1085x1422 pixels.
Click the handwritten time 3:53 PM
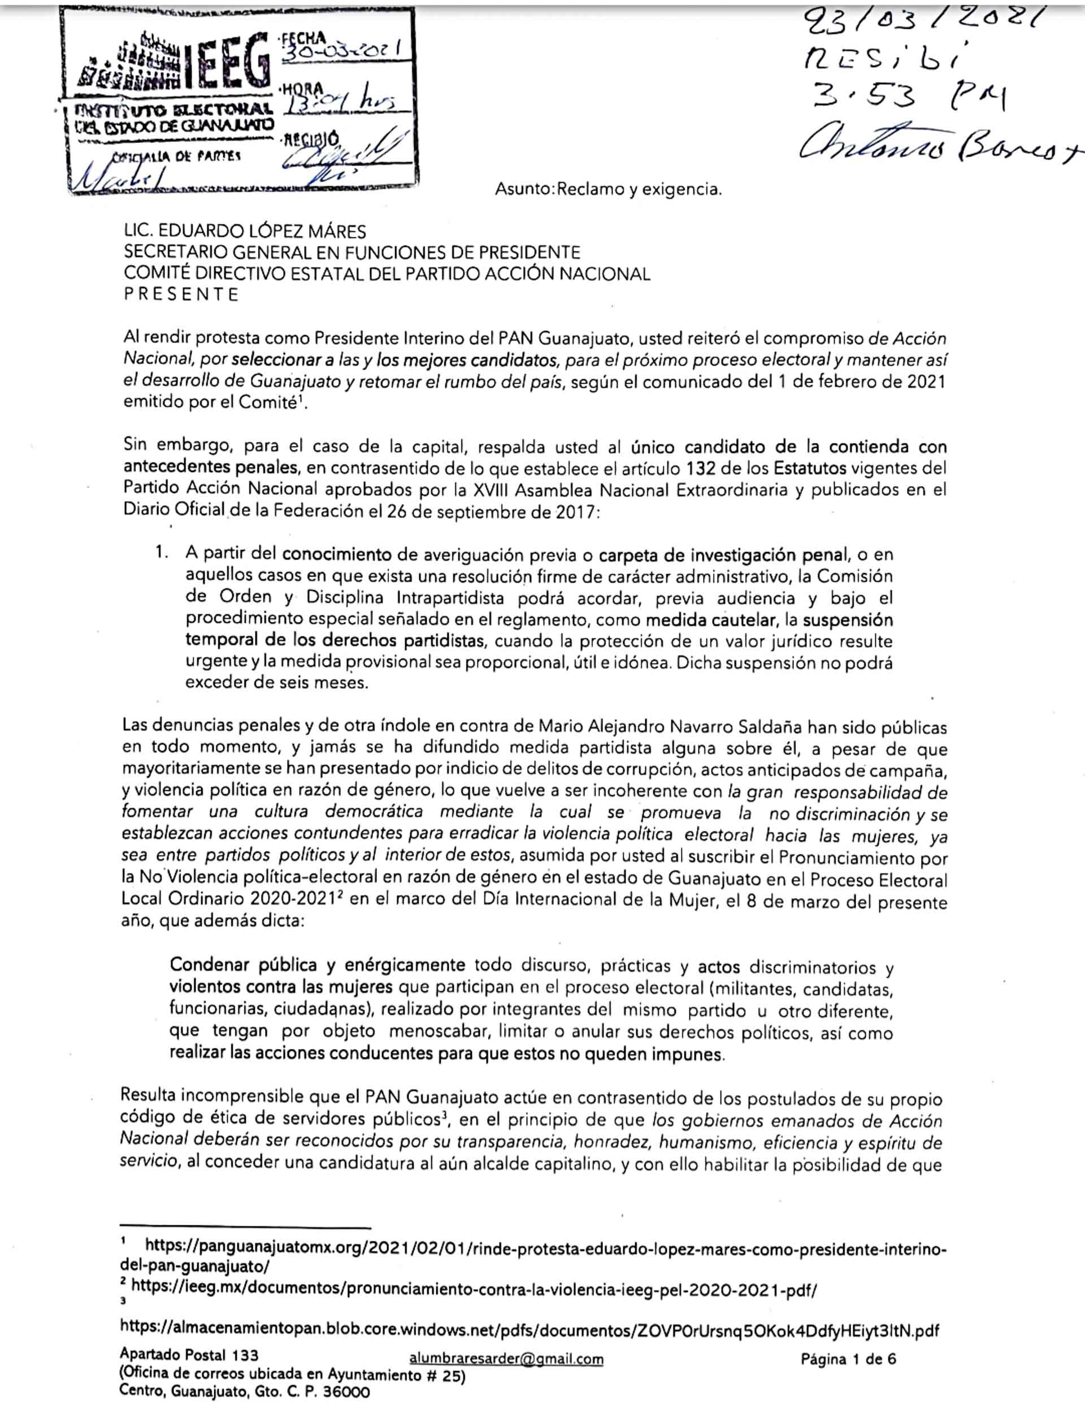point(904,97)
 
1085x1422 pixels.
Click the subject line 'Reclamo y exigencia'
point(639,189)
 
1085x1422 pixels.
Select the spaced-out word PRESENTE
point(181,294)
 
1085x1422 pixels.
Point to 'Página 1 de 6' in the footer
point(848,1359)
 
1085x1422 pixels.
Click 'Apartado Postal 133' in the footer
point(189,1355)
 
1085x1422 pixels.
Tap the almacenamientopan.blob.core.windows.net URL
point(530,1330)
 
